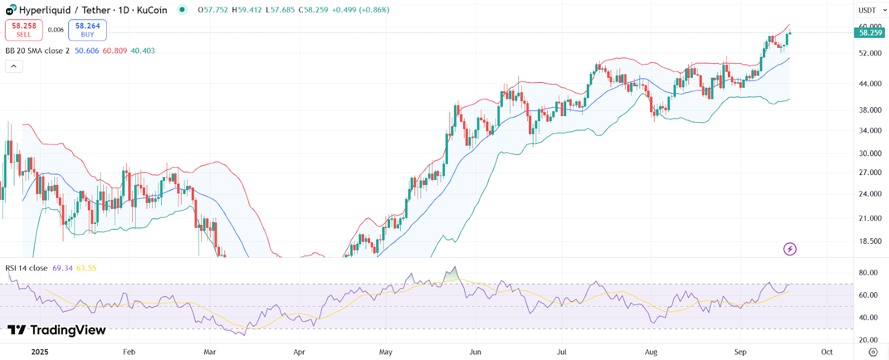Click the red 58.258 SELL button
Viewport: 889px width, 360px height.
[x=24, y=30]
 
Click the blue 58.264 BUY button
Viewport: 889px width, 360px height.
[x=87, y=30]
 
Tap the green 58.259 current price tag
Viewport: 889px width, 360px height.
[x=870, y=33]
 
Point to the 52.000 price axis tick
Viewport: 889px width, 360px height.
[x=870, y=53]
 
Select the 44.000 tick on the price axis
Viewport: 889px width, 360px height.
[x=870, y=83]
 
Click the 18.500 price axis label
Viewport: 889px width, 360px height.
[x=870, y=241]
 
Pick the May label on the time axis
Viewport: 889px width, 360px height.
[x=386, y=352]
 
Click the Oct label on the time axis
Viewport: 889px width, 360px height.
[x=827, y=352]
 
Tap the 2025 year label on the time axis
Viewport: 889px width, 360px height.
[x=40, y=352]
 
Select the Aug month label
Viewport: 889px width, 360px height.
[x=651, y=352]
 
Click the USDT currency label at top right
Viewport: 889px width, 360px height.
[x=867, y=10]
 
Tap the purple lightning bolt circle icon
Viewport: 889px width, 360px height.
[x=790, y=249]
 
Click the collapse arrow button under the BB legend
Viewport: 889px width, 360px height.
[x=14, y=67]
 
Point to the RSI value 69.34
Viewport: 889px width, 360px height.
[x=62, y=268]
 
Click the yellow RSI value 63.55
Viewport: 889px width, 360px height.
[x=86, y=268]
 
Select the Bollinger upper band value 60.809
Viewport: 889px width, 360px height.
[x=114, y=51]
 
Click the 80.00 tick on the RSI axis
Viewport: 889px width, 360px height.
[x=868, y=273]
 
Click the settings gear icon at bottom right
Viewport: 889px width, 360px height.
[x=873, y=352]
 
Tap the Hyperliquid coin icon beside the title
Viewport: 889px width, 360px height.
[x=11, y=10]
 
